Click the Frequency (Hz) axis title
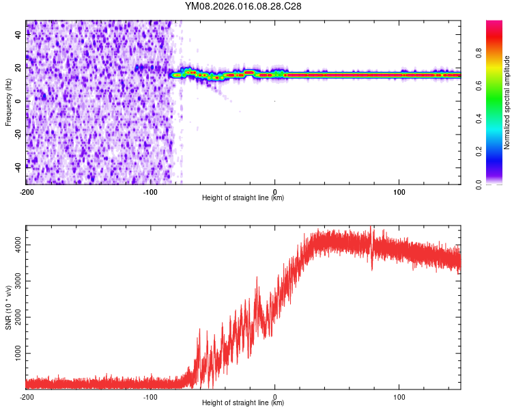[8, 102]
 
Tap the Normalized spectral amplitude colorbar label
[507, 102]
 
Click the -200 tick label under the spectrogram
[26, 191]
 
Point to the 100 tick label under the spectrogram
[399, 191]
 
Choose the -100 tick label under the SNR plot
[150, 396]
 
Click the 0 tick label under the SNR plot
[274, 396]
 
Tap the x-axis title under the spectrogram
[243, 198]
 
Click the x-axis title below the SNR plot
[243, 403]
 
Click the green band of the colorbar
[494, 102]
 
